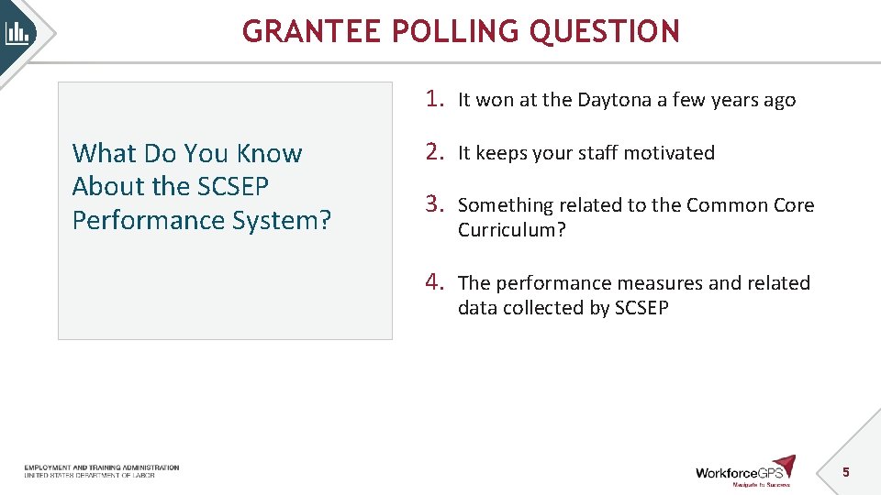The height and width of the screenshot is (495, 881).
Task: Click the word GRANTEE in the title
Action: (x=312, y=32)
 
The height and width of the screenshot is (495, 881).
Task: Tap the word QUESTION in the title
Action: (x=605, y=32)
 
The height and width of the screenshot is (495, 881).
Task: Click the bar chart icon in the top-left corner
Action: (x=17, y=34)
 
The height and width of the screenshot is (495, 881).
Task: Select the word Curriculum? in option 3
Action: (x=512, y=230)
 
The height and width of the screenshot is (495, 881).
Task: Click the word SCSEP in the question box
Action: (x=233, y=187)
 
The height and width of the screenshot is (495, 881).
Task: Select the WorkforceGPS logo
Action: (x=744, y=470)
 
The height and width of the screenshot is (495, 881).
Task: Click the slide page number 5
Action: (x=846, y=472)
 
